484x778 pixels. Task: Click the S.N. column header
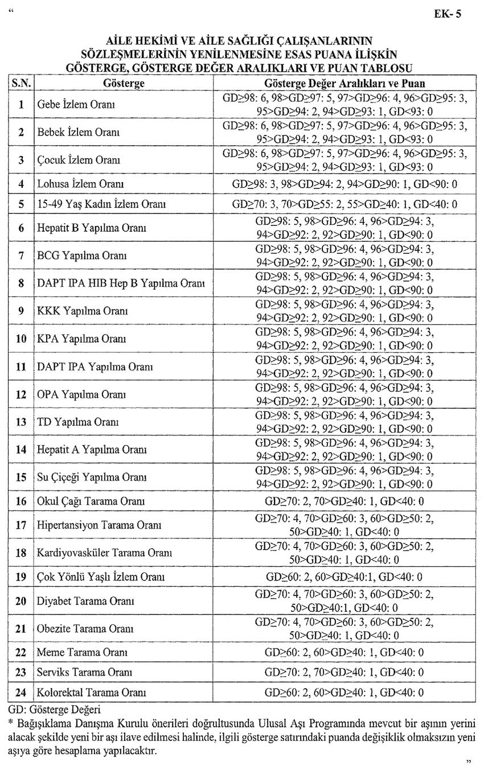coord(21,84)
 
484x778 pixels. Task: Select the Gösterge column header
coord(124,84)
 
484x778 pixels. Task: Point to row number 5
coord(21,204)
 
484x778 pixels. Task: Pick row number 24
coord(21,693)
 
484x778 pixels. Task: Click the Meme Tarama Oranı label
coord(81,652)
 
